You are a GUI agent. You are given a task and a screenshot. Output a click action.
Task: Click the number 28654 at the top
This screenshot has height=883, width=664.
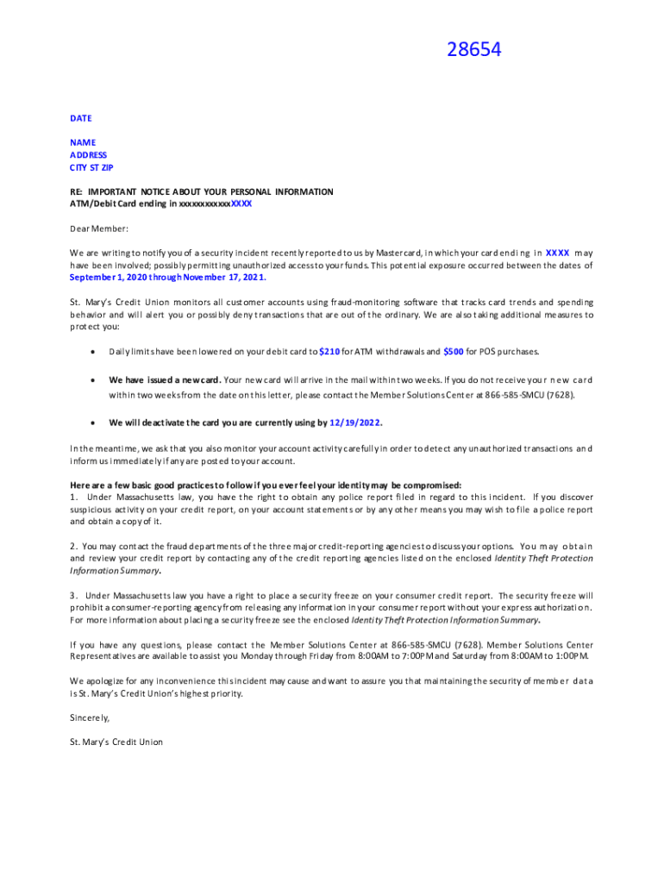tap(473, 51)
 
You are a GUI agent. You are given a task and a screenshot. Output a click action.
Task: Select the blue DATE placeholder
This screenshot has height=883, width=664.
tap(81, 118)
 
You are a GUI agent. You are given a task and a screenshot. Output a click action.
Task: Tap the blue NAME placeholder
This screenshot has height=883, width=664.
tap(83, 142)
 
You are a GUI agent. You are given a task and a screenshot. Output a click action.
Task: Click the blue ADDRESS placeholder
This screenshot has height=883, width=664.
tap(89, 155)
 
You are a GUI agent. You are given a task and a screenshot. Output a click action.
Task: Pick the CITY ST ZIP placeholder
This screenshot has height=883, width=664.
tap(91, 167)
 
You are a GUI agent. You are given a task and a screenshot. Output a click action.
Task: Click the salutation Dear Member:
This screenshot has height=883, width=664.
tap(99, 229)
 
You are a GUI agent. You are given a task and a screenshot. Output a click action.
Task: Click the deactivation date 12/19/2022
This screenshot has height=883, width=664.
tap(355, 423)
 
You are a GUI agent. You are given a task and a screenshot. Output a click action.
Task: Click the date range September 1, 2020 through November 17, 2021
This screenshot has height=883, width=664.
tap(168, 278)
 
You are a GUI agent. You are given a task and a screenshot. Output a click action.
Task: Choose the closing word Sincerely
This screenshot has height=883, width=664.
tap(90, 717)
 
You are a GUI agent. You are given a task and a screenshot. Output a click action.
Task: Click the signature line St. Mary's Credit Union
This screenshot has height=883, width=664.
tap(116, 742)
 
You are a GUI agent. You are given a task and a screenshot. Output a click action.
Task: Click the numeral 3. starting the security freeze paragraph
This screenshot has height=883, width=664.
tap(74, 596)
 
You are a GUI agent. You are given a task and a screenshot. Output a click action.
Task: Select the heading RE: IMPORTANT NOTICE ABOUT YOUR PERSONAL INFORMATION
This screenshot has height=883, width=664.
tap(202, 191)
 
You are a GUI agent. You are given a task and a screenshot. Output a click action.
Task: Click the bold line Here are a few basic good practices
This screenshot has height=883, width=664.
tap(266, 485)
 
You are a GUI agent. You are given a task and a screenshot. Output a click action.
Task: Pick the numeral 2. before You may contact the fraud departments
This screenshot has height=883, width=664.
tap(74, 547)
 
